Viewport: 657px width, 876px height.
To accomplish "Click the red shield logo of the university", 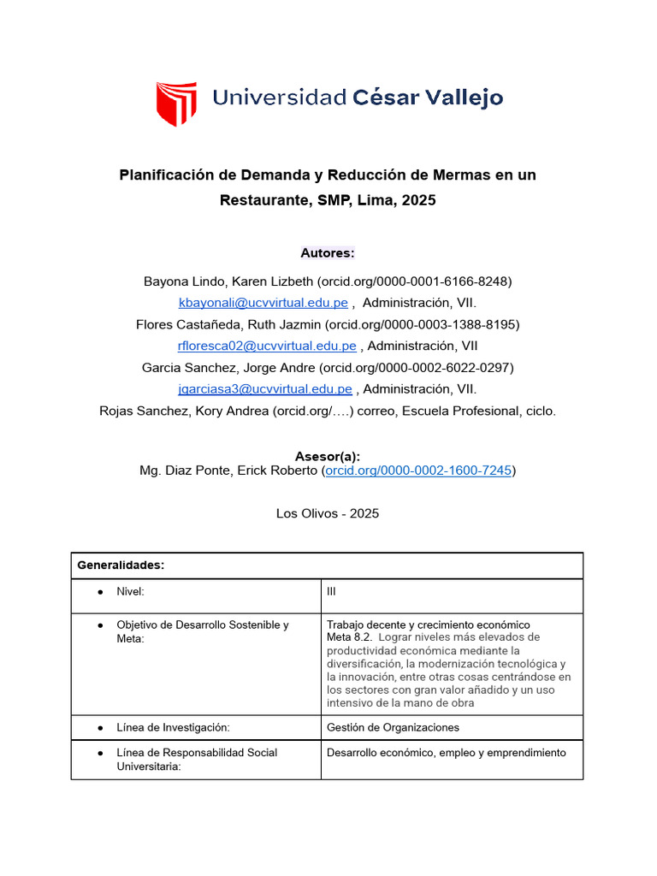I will pyautogui.click(x=175, y=104).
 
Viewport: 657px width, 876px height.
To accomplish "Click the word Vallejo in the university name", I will pyautogui.click(x=462, y=98).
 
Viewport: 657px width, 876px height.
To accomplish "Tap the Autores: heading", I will pyautogui.click(x=328, y=252).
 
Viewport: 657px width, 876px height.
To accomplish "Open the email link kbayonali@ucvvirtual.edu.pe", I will pyautogui.click(x=263, y=303).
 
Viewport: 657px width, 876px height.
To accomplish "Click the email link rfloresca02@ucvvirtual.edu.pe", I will pyautogui.click(x=267, y=346).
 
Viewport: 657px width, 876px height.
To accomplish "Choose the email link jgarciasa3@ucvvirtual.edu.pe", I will pyautogui.click(x=265, y=389).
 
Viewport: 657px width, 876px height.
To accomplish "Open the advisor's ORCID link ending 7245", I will pyautogui.click(x=418, y=471).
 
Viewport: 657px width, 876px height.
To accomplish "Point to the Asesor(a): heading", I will pyautogui.click(x=328, y=456).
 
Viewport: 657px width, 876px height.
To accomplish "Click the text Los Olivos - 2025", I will pyautogui.click(x=328, y=513).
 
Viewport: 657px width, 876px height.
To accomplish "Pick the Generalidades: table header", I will pyautogui.click(x=121, y=565).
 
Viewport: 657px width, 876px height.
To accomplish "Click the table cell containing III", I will pyautogui.click(x=332, y=591).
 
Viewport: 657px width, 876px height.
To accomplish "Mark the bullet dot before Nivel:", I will pyautogui.click(x=100, y=592).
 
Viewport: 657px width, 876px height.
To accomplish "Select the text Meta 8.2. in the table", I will pyautogui.click(x=349, y=637).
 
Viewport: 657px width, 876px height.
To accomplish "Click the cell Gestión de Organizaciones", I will pyautogui.click(x=393, y=727).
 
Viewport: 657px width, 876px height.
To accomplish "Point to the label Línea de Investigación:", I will pyautogui.click(x=174, y=727).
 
